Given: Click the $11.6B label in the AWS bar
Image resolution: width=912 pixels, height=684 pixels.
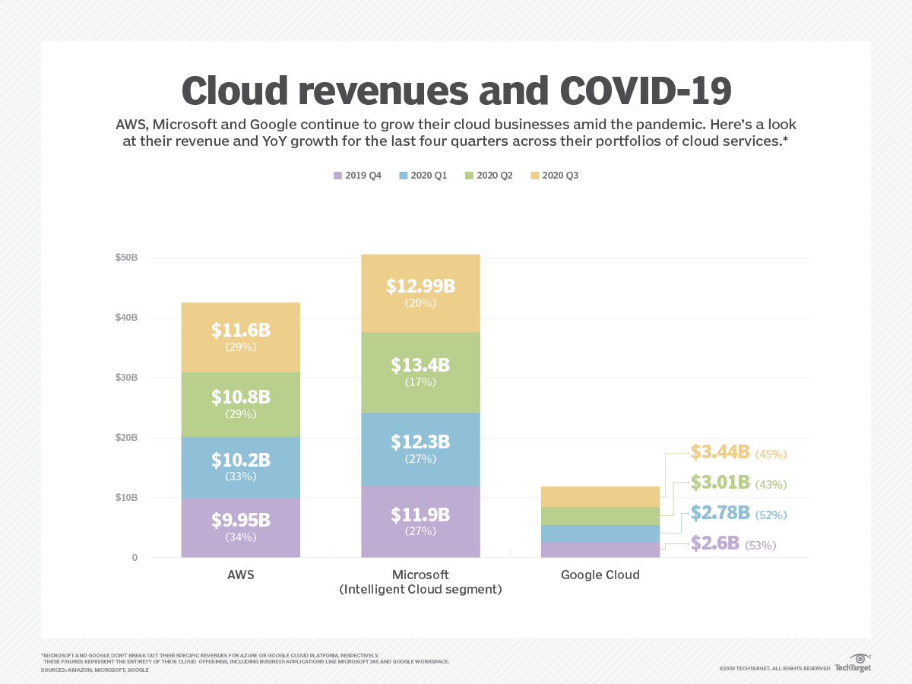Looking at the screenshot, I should click(240, 331).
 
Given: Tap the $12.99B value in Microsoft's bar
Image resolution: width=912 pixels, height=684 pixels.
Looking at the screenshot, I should click(420, 287).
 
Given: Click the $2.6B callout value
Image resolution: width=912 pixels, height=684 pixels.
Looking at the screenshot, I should click(715, 543).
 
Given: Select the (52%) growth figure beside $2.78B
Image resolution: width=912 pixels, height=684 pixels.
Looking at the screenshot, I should click(771, 515).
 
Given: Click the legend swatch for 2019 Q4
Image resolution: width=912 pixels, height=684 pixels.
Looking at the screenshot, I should click(337, 176).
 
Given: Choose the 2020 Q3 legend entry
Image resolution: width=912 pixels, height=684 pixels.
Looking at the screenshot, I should click(560, 176).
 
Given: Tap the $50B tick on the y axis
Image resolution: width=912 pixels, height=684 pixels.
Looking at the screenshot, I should click(126, 258).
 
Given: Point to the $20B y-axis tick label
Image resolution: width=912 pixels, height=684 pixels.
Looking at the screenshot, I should click(126, 438).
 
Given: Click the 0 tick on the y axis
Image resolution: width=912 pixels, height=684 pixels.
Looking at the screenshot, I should click(135, 558).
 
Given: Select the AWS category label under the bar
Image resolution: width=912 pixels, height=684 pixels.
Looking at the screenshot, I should click(240, 575).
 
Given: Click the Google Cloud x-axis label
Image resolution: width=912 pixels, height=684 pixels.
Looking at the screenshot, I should click(600, 575).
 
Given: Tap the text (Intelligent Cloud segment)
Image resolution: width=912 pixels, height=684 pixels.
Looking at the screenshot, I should click(420, 590).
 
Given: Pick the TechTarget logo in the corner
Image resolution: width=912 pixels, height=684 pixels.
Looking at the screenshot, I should click(853, 663).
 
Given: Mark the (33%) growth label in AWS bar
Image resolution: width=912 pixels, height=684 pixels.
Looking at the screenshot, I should click(240, 477).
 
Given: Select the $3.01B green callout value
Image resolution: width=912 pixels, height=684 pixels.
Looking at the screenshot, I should click(720, 483).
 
